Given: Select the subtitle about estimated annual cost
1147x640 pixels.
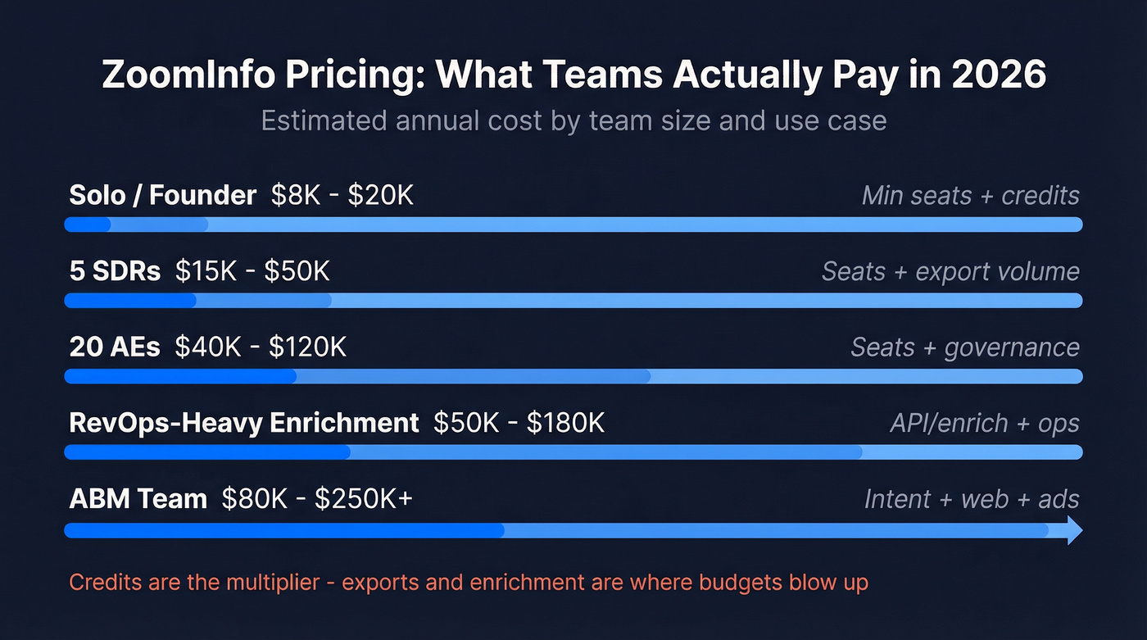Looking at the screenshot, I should pos(573,120).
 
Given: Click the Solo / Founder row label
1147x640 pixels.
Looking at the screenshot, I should pos(163,196).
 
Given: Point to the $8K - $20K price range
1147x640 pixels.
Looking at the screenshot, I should pos(342,196).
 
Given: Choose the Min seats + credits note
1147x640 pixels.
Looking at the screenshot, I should pos(970,196).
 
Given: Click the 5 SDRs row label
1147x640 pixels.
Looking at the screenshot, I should pos(116,271).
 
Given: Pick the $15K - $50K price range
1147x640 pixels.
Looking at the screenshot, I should pos(252,271).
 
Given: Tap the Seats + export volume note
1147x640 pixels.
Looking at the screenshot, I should pos(950,271).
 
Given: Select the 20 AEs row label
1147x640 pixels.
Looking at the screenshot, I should pos(116,347).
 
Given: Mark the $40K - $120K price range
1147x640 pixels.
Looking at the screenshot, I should pos(261,347).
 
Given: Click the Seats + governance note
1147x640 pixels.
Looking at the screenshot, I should pos(965,347).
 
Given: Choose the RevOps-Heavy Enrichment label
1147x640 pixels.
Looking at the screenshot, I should pos(244,423).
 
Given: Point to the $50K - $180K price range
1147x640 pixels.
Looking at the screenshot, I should pos(519,423).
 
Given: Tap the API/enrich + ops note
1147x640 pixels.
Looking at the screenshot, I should pos(985,423).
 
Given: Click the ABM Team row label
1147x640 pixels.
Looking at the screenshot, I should pos(138,499).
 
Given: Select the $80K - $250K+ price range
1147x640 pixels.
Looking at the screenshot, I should pos(317,499).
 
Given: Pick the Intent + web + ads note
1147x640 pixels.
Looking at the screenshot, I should pos(972,499).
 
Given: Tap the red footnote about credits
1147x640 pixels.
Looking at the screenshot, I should pos(469,583).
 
